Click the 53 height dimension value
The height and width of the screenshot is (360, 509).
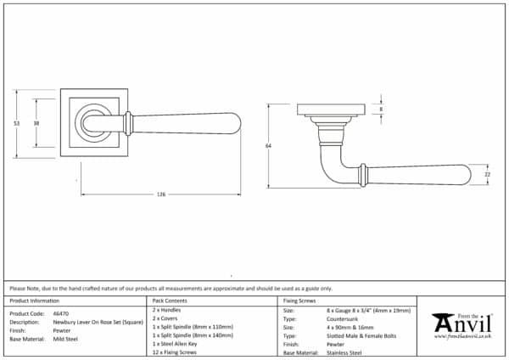click(x=17, y=124)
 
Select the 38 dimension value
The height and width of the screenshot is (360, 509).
click(x=36, y=124)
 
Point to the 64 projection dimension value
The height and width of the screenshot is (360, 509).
click(x=268, y=146)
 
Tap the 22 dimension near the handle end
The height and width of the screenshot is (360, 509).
click(x=487, y=174)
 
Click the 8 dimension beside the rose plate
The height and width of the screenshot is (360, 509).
click(x=381, y=110)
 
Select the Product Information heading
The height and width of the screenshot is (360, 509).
click(x=35, y=301)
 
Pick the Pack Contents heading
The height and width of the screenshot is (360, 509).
click(x=170, y=301)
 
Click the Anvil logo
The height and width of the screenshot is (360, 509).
click(x=461, y=325)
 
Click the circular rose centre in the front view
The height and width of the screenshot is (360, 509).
click(x=91, y=124)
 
